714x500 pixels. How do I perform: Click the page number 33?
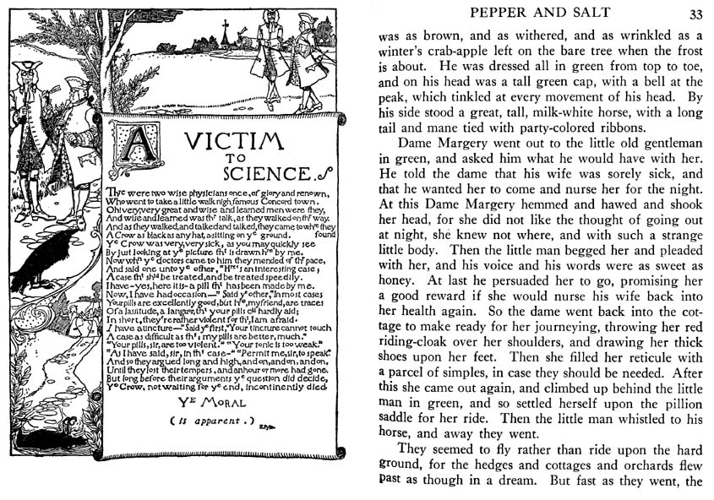pyautogui.click(x=695, y=14)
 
